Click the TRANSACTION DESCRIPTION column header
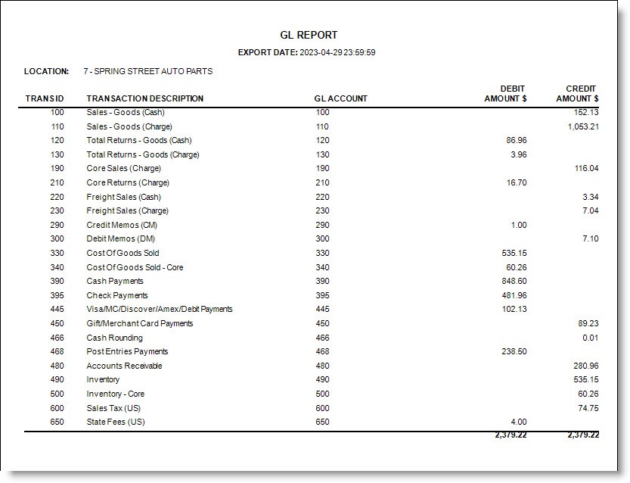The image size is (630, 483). tap(144, 98)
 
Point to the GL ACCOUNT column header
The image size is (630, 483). tap(340, 98)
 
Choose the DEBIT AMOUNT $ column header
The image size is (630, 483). tap(506, 94)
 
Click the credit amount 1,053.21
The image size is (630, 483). tap(582, 126)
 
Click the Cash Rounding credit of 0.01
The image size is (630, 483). tap(590, 338)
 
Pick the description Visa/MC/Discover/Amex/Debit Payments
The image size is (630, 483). tap(160, 309)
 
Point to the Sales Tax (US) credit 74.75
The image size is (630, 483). tap(587, 407)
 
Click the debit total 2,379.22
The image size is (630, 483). tap(511, 435)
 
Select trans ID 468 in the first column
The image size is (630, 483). tap(56, 351)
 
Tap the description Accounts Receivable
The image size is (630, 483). tap(124, 366)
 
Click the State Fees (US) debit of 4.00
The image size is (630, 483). tap(518, 422)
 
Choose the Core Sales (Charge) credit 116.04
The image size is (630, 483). tap(586, 168)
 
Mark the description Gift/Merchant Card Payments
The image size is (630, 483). tap(139, 323)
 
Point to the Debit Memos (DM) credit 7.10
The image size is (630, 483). tap(589, 238)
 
